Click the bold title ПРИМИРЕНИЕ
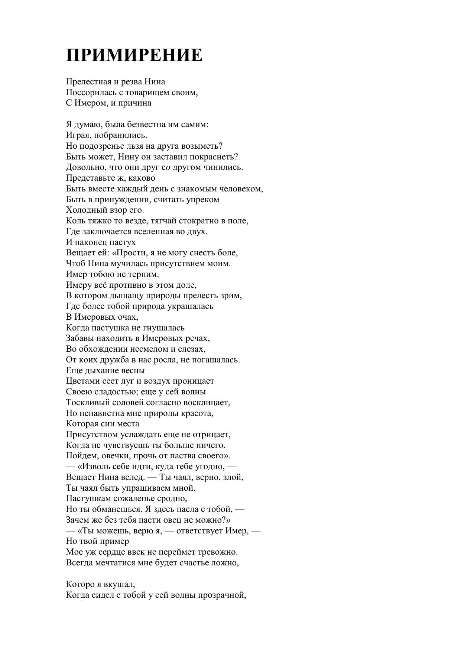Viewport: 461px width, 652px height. coord(134,55)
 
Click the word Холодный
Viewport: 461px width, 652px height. coord(85,210)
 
